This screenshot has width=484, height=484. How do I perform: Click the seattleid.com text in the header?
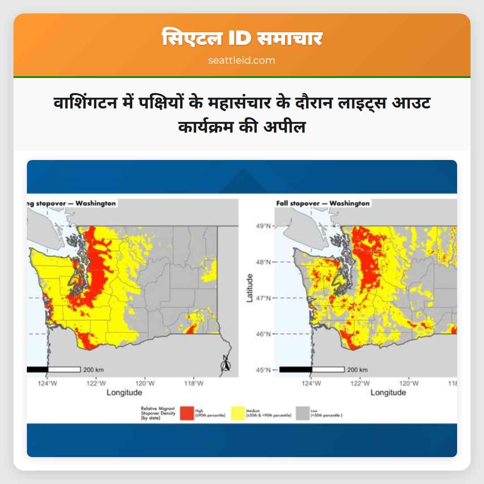click(x=242, y=60)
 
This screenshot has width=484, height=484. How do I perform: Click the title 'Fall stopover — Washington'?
click(x=323, y=203)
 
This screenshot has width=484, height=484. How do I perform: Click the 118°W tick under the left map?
click(x=193, y=383)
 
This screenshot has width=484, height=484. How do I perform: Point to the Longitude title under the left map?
click(x=124, y=393)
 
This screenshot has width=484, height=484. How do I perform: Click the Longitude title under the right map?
click(x=388, y=393)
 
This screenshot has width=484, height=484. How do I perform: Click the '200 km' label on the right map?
click(x=358, y=370)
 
